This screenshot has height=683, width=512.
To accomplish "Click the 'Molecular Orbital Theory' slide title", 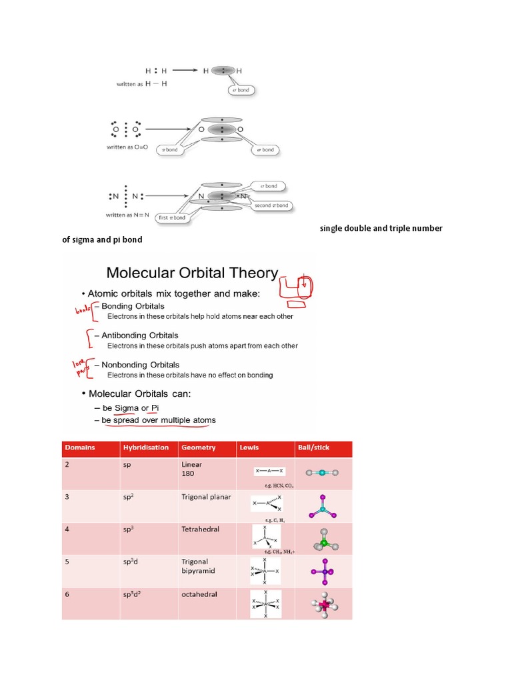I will (x=192, y=272).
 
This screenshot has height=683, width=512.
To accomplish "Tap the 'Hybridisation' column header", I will (x=145, y=448).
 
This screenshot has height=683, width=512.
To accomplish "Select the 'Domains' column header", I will (x=80, y=448).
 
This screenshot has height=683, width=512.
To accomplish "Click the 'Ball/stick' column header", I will (x=313, y=448).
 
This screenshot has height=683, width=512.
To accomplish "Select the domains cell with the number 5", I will (x=67, y=562).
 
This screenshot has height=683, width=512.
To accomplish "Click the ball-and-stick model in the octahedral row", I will (x=323, y=604).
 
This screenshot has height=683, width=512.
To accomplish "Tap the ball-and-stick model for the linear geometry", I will (x=322, y=472).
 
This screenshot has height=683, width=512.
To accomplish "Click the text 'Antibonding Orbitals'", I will (x=139, y=335).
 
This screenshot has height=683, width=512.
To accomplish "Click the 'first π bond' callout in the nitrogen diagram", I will (x=171, y=218).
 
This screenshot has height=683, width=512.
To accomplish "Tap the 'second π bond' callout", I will (x=271, y=205).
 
